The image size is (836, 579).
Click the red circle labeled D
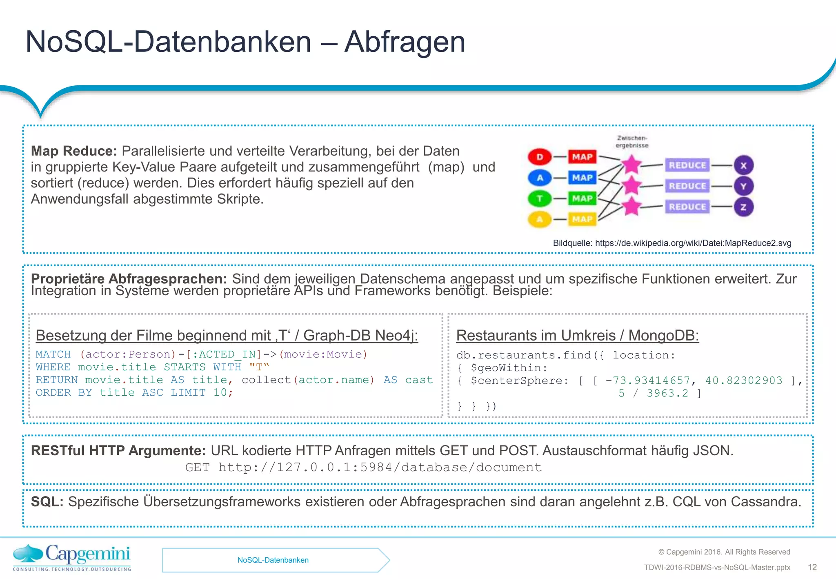(540, 157)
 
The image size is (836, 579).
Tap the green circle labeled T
(540, 199)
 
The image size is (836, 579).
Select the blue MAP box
(582, 178)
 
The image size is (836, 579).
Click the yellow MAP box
(582, 219)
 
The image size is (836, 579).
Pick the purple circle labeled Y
(743, 186)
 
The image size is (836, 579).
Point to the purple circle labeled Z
(743, 207)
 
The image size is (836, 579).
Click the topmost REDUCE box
(687, 165)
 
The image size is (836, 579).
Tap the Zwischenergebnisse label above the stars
(632, 142)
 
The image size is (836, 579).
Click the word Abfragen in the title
(405, 42)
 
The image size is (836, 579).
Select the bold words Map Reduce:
(74, 151)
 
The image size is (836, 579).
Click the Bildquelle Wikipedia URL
(693, 243)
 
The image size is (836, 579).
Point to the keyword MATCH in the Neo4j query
(53, 354)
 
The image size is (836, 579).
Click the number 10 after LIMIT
(220, 392)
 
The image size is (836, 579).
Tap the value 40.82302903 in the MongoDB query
(743, 381)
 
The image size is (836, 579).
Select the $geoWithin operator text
(509, 368)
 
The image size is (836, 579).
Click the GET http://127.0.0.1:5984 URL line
(363, 467)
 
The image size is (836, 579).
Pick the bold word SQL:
(47, 502)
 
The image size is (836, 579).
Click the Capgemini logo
(72, 557)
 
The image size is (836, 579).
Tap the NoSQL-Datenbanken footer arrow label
(273, 560)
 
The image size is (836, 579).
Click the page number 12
(812, 567)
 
